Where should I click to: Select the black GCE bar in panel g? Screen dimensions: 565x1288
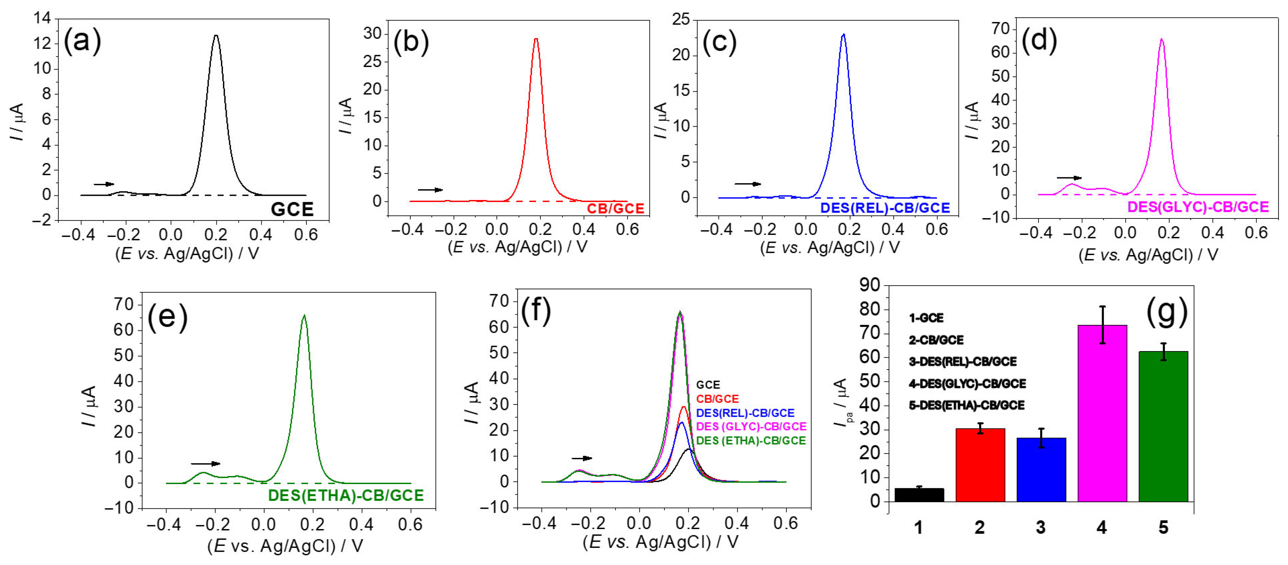click(919, 495)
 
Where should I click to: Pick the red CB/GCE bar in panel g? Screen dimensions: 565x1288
click(980, 464)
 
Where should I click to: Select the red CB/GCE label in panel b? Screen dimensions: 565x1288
click(615, 208)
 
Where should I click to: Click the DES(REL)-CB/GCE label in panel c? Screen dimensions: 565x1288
click(885, 208)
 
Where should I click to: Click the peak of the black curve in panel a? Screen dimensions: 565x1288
click(216, 36)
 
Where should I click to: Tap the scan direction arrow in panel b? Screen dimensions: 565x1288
click(430, 190)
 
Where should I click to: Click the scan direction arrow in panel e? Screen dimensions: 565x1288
click(205, 463)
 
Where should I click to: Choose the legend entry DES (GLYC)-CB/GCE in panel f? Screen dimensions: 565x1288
click(751, 426)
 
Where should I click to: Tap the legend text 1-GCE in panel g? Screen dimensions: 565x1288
click(926, 318)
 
